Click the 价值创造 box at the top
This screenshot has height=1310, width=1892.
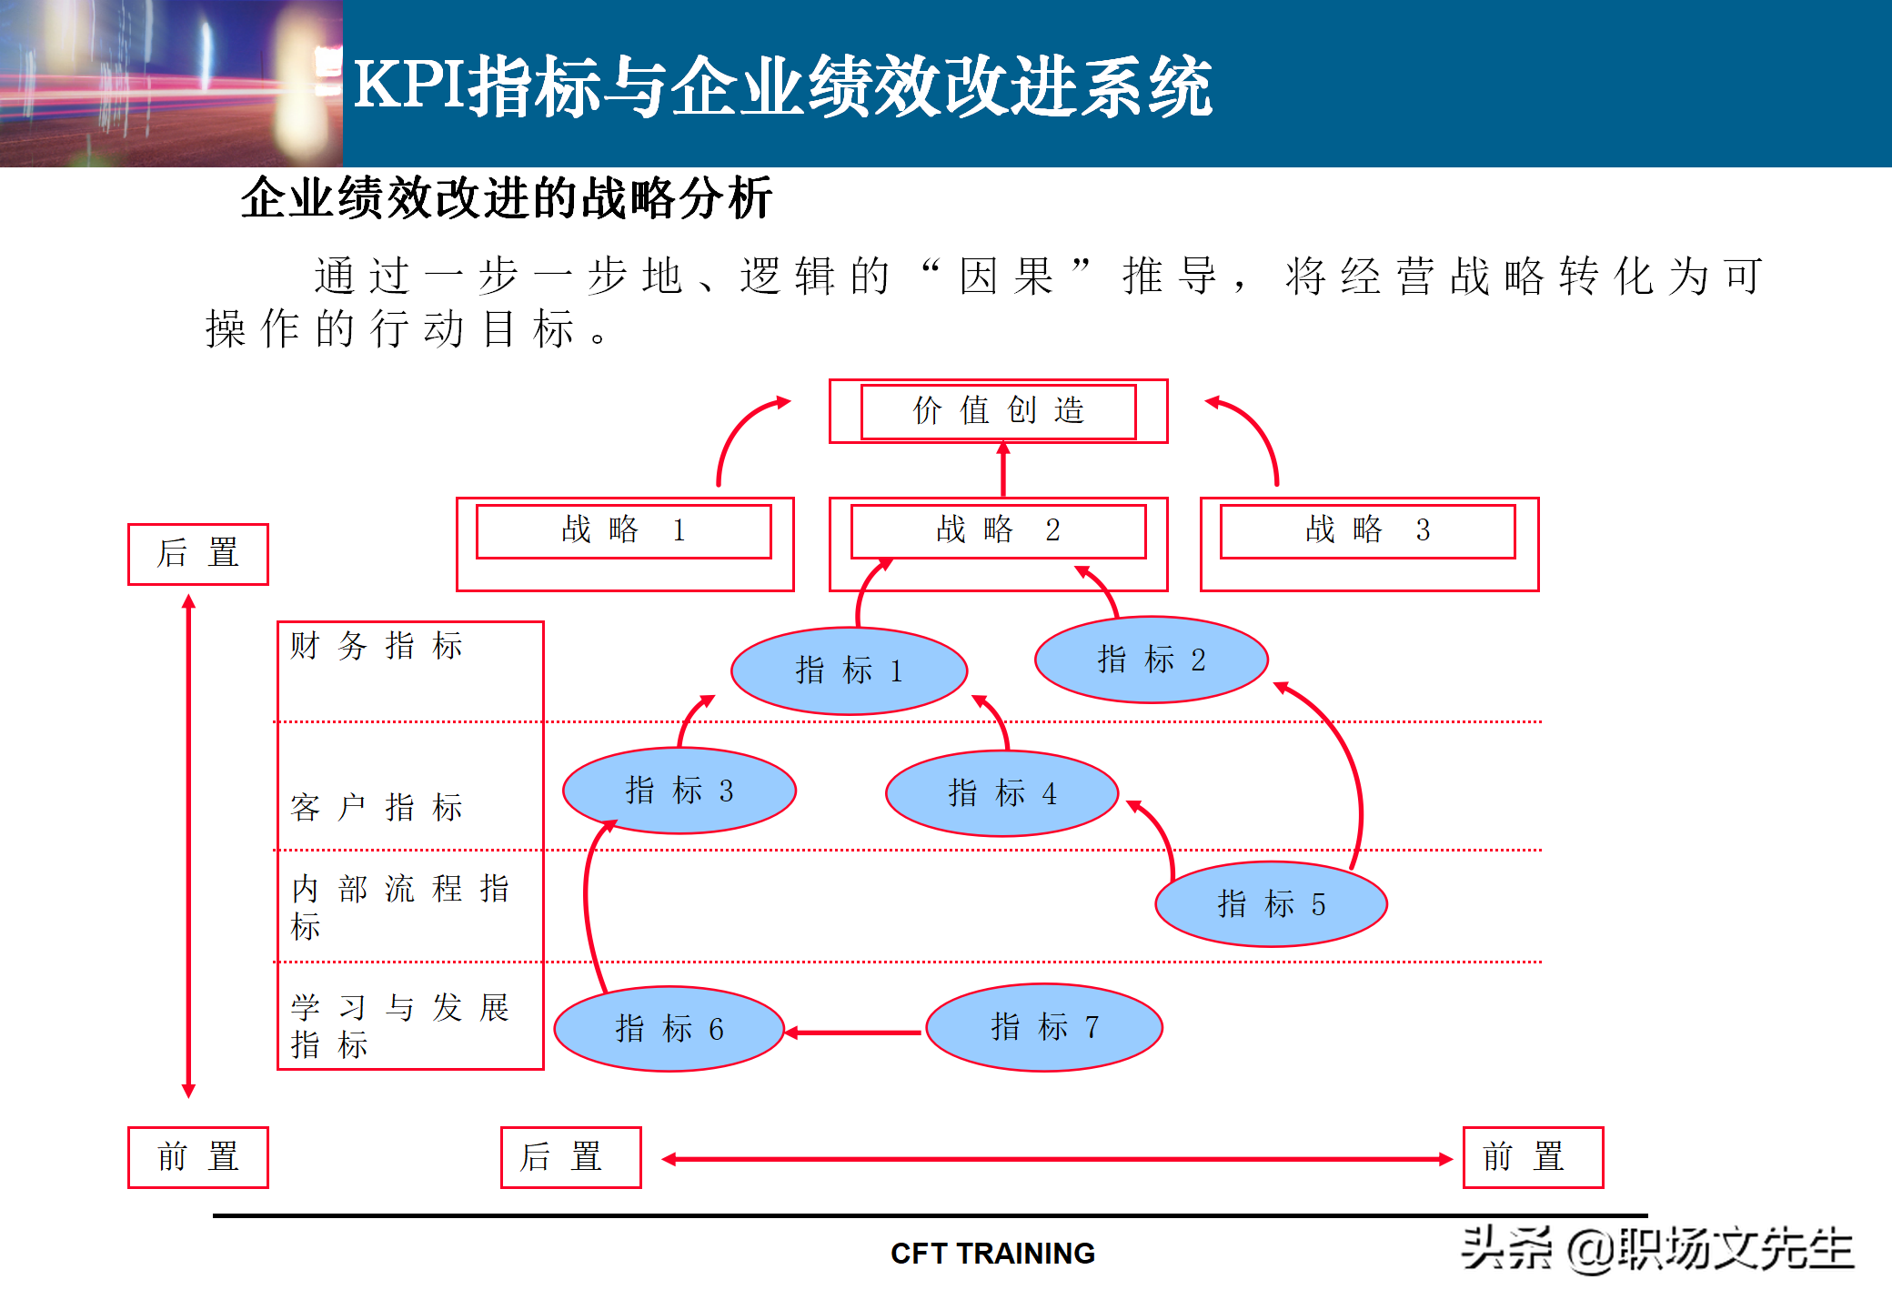[x=998, y=411]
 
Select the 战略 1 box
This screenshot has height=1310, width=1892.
[x=623, y=531]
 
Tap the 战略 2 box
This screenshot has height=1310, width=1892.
[x=998, y=531]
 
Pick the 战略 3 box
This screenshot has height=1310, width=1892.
[x=1367, y=531]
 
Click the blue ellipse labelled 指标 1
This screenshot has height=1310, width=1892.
[x=849, y=671]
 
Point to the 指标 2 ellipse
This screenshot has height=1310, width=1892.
[x=1151, y=660]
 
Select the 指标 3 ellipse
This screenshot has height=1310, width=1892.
[x=679, y=791]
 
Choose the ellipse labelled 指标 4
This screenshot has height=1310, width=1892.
[x=1001, y=793]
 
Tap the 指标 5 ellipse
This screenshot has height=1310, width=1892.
[x=1271, y=904]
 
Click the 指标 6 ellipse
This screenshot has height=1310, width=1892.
[x=669, y=1029]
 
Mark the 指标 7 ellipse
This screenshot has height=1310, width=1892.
[x=1044, y=1027]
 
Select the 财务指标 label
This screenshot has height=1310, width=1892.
[x=377, y=646]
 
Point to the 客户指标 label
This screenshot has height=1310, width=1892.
[x=377, y=807]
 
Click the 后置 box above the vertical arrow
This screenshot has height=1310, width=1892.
[x=197, y=554]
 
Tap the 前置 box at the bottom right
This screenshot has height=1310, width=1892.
[x=1533, y=1157]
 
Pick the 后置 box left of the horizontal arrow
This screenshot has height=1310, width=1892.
[x=570, y=1157]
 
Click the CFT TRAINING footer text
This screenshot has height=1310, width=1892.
[x=992, y=1254]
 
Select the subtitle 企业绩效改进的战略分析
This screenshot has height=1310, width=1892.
[x=507, y=198]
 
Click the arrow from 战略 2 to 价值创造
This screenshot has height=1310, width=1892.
[x=1003, y=469]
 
